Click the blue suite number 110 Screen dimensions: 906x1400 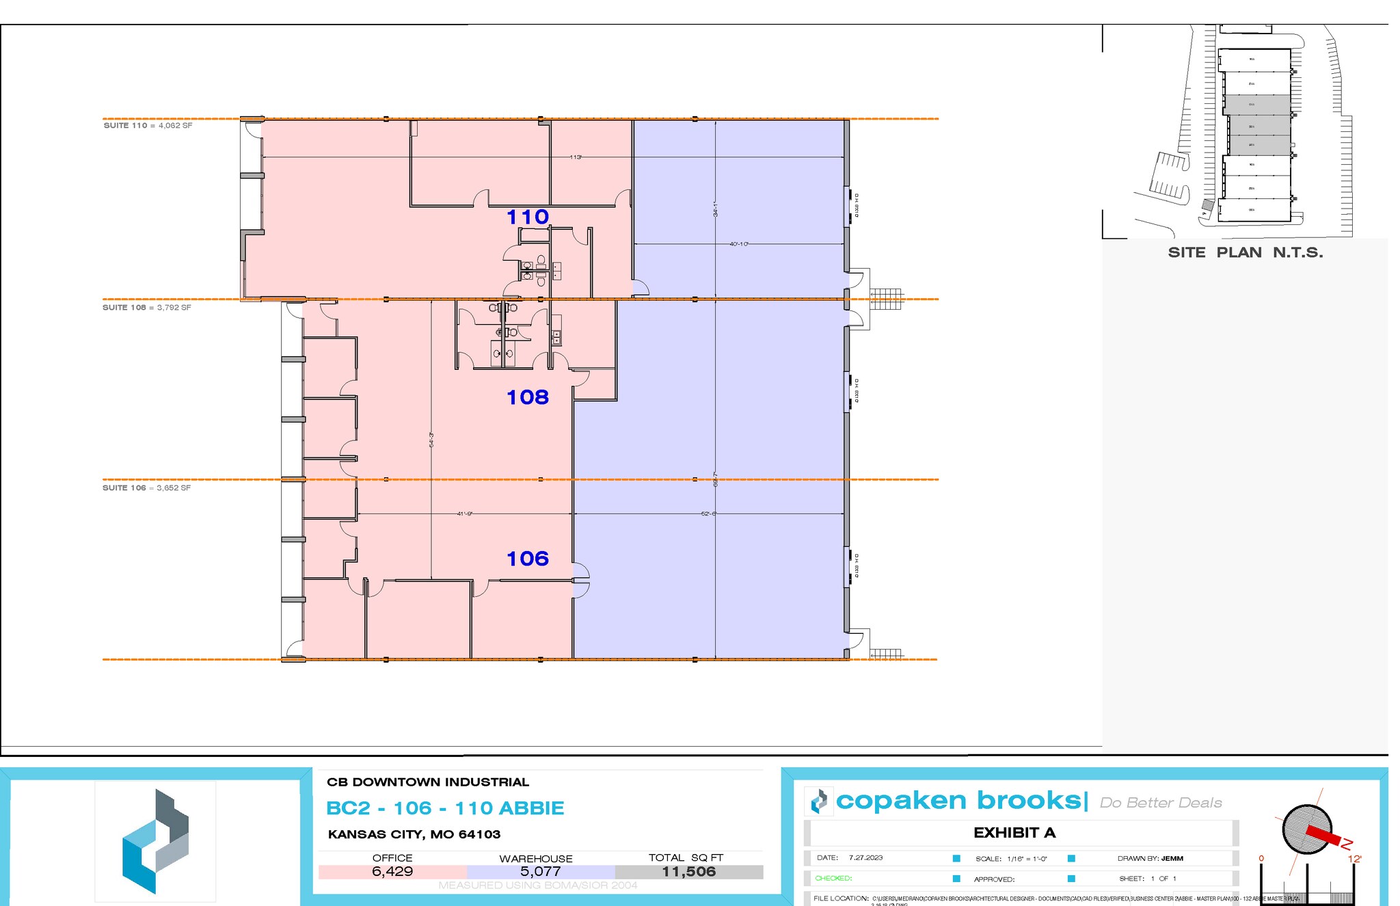pyautogui.click(x=528, y=217)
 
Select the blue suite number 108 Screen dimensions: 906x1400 pyautogui.click(x=528, y=397)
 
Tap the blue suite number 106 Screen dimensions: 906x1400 pyautogui.click(x=528, y=559)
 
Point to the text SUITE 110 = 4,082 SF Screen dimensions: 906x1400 pyautogui.click(x=148, y=126)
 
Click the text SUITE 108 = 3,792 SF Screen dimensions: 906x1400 pyautogui.click(x=147, y=308)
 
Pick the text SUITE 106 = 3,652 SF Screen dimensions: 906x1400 pyautogui.click(x=147, y=488)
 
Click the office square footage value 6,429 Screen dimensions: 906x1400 pyautogui.click(x=392, y=872)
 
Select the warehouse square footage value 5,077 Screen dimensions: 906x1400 pyautogui.click(x=540, y=872)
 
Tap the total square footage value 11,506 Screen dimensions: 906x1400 pyautogui.click(x=688, y=872)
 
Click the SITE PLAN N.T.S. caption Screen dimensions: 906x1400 pyautogui.click(x=1246, y=252)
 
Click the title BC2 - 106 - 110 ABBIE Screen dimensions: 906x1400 pyautogui.click(x=445, y=808)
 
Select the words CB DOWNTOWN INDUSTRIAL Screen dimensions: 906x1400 pyautogui.click(x=428, y=782)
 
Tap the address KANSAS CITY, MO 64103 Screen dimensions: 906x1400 pyautogui.click(x=414, y=834)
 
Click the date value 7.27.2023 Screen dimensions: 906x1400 pyautogui.click(x=865, y=857)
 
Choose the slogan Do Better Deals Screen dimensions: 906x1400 pyautogui.click(x=1161, y=803)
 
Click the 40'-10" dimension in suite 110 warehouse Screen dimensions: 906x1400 pyautogui.click(x=739, y=244)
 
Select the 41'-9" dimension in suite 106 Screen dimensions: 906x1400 pyautogui.click(x=465, y=514)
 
